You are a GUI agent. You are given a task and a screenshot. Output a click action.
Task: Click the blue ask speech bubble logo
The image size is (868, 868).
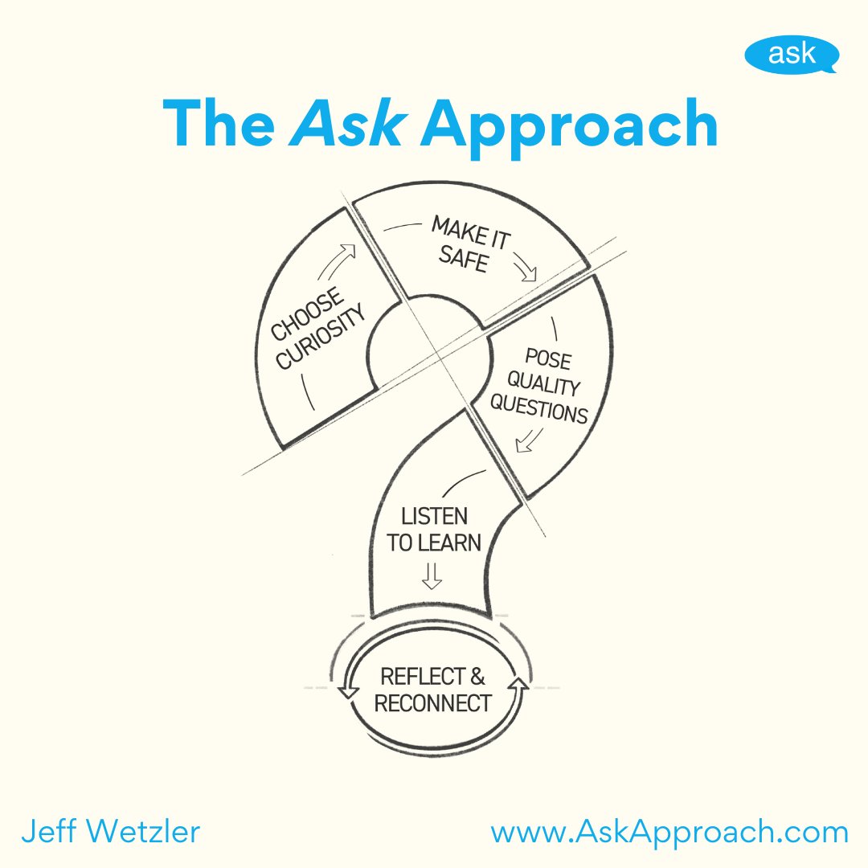(791, 55)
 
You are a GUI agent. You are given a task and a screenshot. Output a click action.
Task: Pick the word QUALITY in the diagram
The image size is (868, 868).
(544, 386)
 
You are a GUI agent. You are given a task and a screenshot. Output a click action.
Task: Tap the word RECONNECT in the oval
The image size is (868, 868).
(432, 704)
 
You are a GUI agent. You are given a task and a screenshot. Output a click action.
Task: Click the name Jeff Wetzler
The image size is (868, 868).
(110, 832)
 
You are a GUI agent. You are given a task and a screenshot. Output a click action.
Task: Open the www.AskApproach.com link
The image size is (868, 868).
(669, 832)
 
